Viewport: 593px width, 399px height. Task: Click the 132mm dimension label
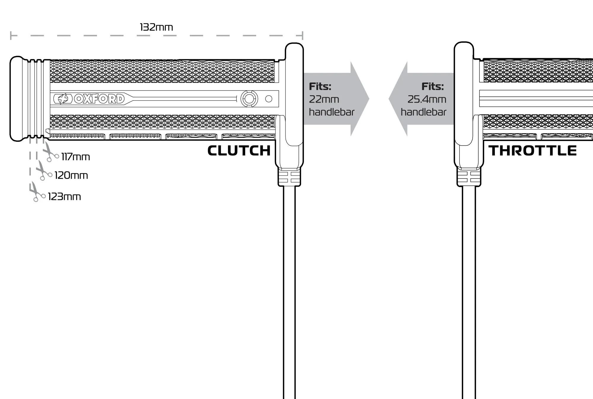(156, 27)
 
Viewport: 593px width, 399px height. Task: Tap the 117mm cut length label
(75, 157)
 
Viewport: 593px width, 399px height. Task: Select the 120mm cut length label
(71, 175)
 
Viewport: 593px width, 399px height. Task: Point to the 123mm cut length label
(64, 197)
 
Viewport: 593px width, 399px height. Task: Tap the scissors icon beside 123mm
(36, 192)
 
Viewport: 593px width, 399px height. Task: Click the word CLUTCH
(239, 151)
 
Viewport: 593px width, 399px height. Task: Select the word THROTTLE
(533, 151)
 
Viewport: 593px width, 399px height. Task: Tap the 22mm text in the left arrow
(324, 99)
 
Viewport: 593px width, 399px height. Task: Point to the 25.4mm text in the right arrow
(427, 99)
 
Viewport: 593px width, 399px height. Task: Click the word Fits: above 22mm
(320, 86)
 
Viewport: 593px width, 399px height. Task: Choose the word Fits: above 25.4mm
(433, 86)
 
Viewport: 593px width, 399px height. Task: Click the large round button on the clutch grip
(249, 99)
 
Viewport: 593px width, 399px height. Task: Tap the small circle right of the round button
(269, 99)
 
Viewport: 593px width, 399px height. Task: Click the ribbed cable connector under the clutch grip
(289, 177)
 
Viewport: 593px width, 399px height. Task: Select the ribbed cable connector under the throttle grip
(469, 177)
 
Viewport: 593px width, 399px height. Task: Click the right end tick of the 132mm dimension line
(302, 36)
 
